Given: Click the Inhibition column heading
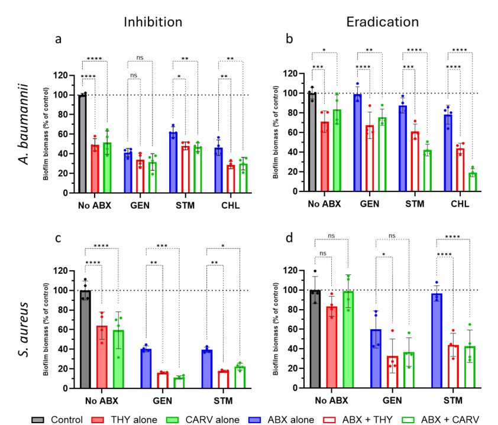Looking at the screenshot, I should [152, 22].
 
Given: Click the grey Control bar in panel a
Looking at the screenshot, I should [83, 144].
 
